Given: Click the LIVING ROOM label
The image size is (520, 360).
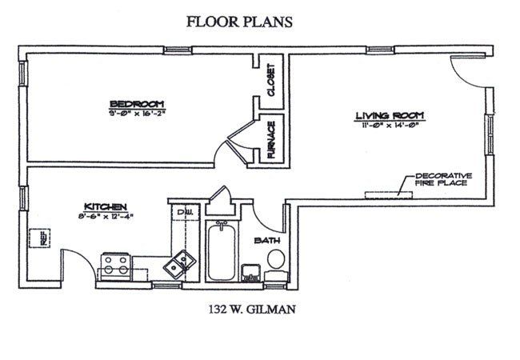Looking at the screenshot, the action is click(x=389, y=115).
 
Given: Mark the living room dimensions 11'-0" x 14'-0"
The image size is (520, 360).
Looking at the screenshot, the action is click(x=389, y=125).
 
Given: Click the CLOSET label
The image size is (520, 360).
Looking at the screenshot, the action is click(x=271, y=79).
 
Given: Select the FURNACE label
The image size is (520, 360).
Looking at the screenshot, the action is click(x=271, y=138).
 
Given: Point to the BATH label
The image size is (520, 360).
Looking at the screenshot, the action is click(x=266, y=240).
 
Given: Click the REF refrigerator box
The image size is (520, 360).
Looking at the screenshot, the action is click(x=37, y=238).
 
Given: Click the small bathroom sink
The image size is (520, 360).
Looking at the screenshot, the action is click(x=250, y=270).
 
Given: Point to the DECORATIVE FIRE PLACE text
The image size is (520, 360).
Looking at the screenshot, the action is click(x=441, y=179).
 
